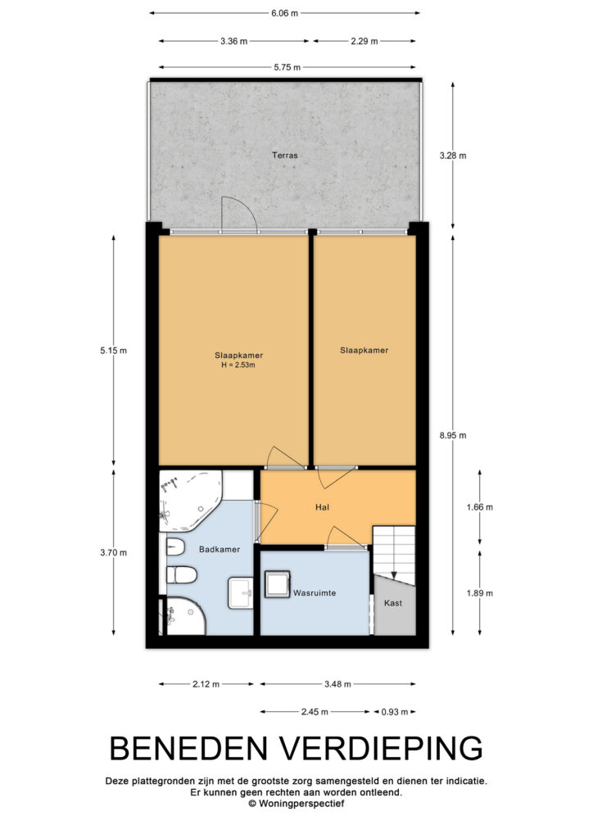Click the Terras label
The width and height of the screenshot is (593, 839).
point(284,155)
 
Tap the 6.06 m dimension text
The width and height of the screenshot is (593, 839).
point(284,13)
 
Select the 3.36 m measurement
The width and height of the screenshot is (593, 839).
point(233,41)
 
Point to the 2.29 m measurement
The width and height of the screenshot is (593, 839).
point(364,41)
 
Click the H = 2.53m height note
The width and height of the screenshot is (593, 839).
point(238,365)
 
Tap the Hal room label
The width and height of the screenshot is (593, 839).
point(322,506)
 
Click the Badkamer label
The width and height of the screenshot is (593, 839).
point(220,549)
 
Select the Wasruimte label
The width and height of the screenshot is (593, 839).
point(315,593)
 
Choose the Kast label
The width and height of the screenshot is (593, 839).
point(393,603)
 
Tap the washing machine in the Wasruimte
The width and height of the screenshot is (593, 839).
point(278,583)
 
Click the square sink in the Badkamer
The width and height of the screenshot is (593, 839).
point(241,593)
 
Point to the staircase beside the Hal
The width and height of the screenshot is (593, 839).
point(394,556)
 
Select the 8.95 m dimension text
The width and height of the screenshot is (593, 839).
point(453,435)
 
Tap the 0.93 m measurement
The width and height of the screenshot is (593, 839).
point(395,712)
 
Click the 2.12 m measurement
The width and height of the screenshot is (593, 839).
point(206,684)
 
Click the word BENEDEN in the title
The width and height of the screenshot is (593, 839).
point(188,748)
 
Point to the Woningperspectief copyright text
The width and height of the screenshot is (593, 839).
point(296,804)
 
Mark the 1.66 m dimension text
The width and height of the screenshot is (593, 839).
point(480,506)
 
